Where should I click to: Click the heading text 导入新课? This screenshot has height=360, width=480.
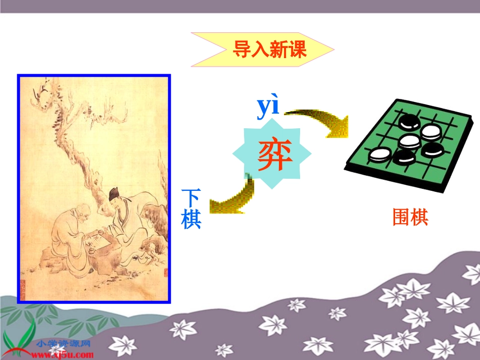pos(269,49)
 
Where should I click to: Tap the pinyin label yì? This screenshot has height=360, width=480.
pos(268,107)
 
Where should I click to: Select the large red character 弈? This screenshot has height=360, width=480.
pos(275,156)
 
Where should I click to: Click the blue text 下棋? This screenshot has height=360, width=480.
pos(191,209)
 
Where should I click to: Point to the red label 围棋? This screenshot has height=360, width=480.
pos(410,217)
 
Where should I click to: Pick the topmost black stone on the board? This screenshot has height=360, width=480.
pos(407,122)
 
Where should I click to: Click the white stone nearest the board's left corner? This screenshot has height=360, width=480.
pos(377,155)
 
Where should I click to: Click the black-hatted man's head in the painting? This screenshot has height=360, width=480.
pos(115,196)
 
